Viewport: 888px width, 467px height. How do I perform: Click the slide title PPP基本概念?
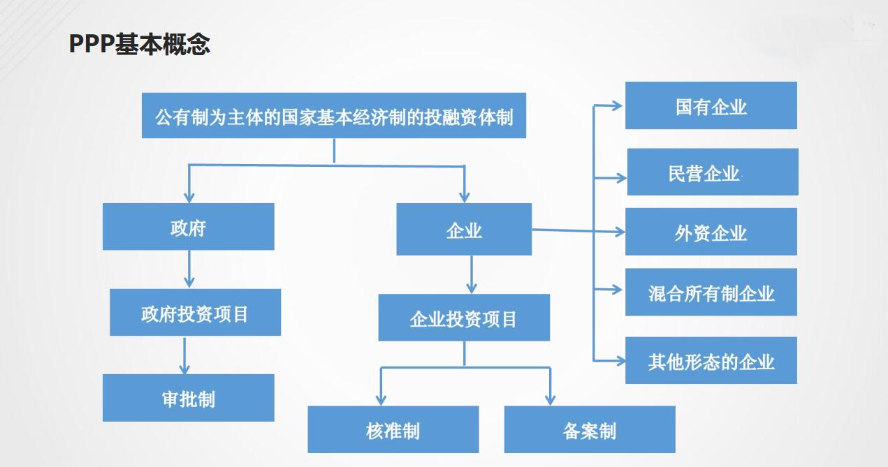140,43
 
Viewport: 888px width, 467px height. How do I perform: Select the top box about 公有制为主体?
334,116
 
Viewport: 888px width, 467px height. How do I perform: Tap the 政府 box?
189,227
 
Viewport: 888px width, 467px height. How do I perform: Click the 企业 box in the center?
464,230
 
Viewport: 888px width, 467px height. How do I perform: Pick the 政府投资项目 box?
196,312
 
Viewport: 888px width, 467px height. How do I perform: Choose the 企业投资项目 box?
464,318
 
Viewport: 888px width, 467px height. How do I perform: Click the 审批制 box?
189,398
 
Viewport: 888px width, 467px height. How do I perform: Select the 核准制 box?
393,429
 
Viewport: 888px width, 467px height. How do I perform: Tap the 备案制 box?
590,429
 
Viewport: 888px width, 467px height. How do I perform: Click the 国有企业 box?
711,105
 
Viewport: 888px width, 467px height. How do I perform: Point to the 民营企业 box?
713,172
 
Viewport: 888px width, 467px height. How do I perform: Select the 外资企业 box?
711,232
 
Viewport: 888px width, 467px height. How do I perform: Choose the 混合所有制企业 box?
711,292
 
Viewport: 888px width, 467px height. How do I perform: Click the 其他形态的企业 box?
711,360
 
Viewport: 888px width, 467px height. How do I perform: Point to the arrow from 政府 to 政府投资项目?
189,269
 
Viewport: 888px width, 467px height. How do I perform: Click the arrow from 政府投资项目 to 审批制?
184,355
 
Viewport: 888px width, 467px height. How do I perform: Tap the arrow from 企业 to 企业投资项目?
472,274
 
